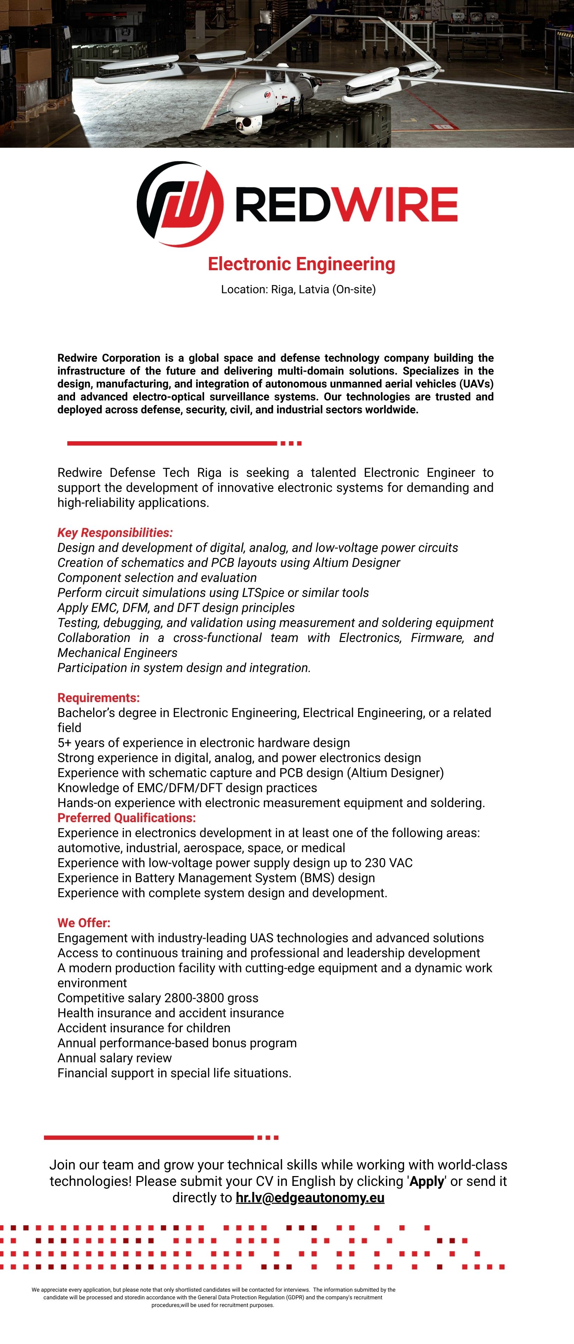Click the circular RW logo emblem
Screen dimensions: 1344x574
click(x=180, y=204)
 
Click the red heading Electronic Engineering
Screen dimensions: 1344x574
click(x=301, y=264)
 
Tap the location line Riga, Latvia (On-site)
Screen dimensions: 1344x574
click(x=298, y=289)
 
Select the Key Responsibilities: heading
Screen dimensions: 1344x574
click(x=115, y=533)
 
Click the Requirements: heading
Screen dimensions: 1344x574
click(x=98, y=697)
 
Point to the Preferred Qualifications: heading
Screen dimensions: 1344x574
click(x=127, y=818)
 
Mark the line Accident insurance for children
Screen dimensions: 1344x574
click(x=144, y=1028)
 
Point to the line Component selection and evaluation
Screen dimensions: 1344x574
click(x=157, y=577)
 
